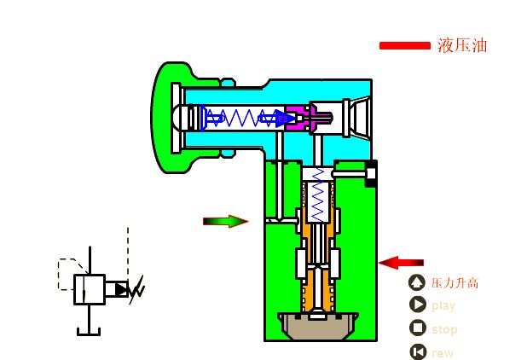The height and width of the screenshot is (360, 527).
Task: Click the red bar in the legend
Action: (x=405, y=45)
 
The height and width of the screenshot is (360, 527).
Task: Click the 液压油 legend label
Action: (x=462, y=45)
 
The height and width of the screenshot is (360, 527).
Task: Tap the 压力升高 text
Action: (x=455, y=283)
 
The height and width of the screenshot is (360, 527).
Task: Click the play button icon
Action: (x=418, y=305)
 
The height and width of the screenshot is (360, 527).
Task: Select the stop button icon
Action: (x=418, y=328)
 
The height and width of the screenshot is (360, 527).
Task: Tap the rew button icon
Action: (x=418, y=351)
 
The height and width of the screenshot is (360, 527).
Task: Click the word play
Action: (x=443, y=306)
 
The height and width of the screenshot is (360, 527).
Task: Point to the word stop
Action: (x=444, y=329)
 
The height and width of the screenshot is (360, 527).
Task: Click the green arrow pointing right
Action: (x=225, y=221)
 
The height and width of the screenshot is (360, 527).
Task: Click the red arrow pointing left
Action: (x=401, y=263)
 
